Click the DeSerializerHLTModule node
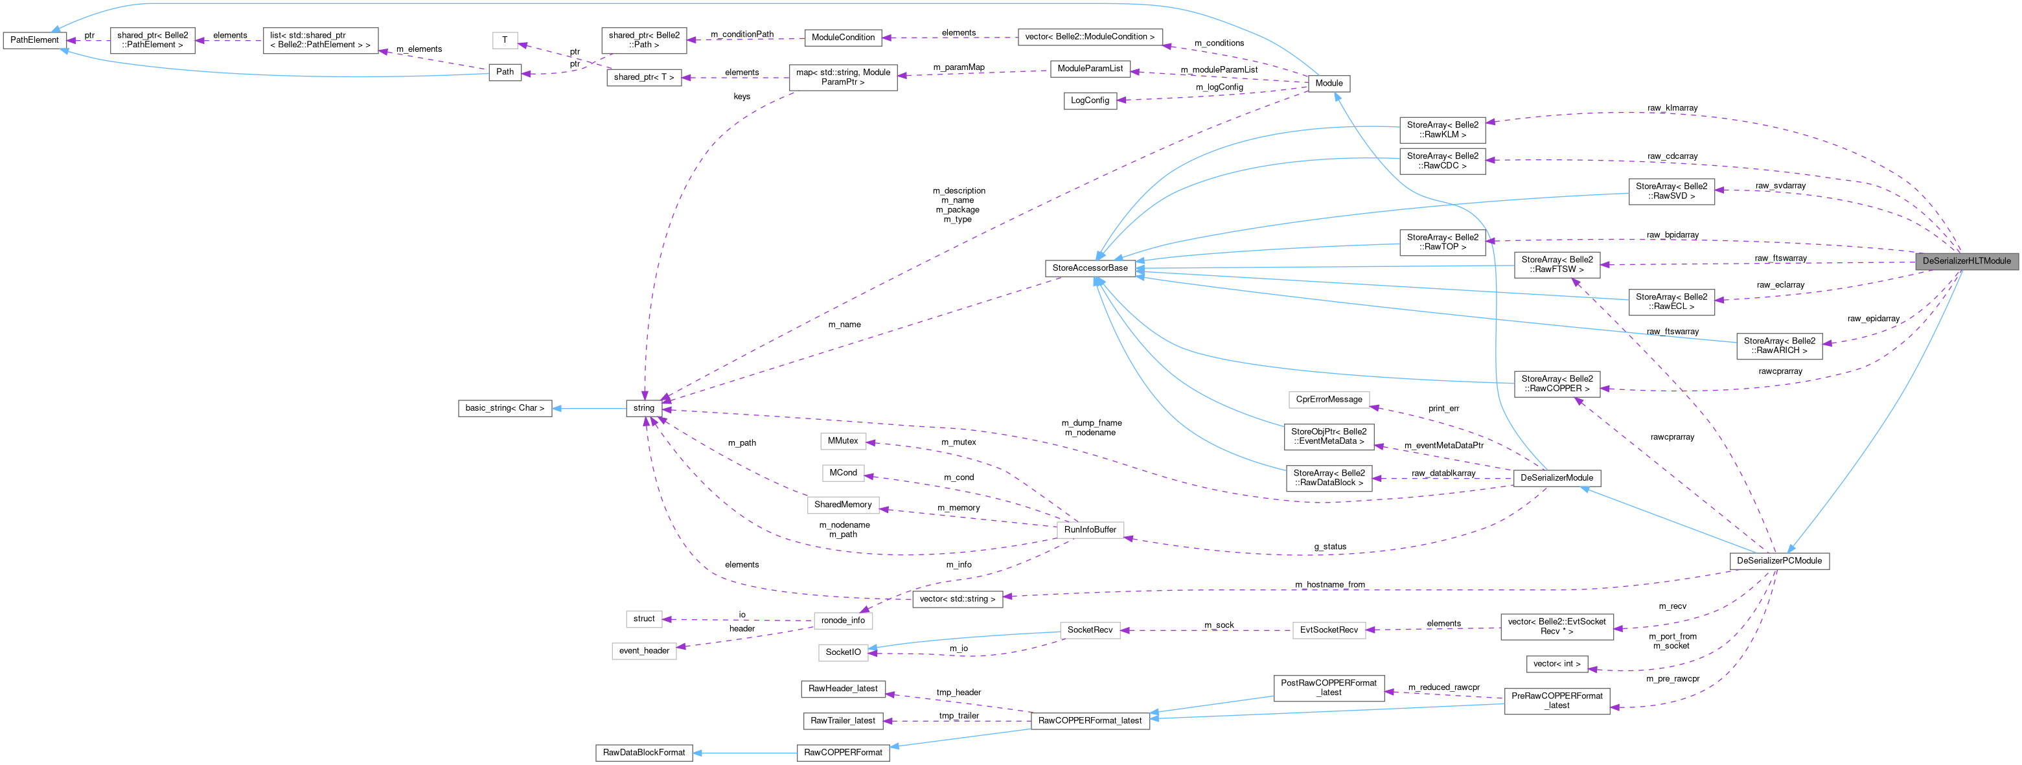[1966, 261]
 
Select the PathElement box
[34, 40]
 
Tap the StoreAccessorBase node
[1090, 268]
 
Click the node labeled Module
[1328, 83]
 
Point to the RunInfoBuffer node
[1090, 530]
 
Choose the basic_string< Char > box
[504, 408]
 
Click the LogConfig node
[1090, 100]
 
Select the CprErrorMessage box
[1328, 400]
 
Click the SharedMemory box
[842, 505]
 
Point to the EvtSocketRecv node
[1328, 630]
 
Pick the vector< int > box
[1557, 664]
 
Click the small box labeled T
[505, 40]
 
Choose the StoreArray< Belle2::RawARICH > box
[1778, 346]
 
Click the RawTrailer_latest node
[842, 720]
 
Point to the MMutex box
[842, 441]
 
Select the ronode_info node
[842, 621]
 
